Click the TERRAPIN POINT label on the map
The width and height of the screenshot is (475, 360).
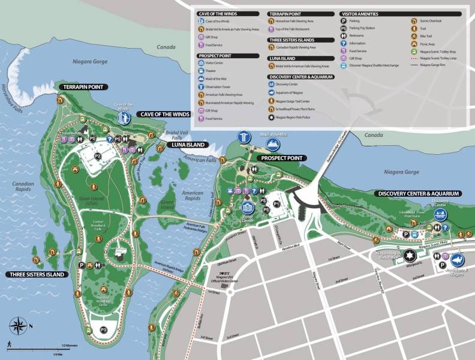click(x=83, y=87)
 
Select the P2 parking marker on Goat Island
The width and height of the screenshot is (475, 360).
click(x=97, y=155)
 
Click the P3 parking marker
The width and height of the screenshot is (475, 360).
click(x=103, y=329)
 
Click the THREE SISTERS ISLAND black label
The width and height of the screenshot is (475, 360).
click(x=37, y=274)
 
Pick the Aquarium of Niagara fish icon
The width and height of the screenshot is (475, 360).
click(x=457, y=260)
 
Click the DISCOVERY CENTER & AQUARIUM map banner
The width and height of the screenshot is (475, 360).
click(x=418, y=194)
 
